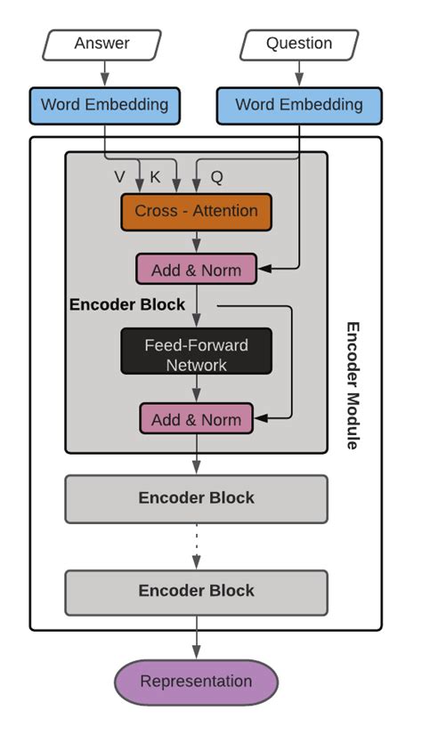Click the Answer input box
[101, 44]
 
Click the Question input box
[299, 44]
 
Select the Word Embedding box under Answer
[104, 105]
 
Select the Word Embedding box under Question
[299, 105]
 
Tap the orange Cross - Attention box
[196, 212]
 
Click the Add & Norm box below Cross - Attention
[195, 270]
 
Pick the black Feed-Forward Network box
[196, 354]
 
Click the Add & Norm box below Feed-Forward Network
[196, 419]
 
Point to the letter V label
[119, 177]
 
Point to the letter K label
[155, 177]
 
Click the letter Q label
[216, 177]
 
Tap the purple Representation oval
[196, 682]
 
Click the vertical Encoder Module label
[352, 384]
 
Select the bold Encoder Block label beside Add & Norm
[127, 304]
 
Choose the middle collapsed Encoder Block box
[196, 498]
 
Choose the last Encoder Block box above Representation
[196, 591]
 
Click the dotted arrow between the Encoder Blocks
[196, 545]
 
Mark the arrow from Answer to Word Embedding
[104, 72]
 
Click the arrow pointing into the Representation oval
[196, 644]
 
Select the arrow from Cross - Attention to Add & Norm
[196, 241]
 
